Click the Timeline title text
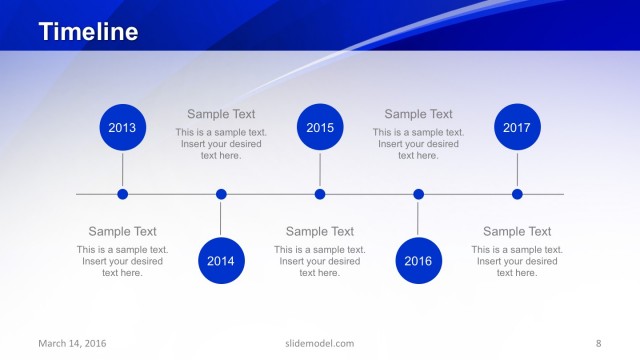click(x=89, y=32)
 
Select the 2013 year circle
click(x=122, y=128)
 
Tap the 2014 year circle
click(x=221, y=261)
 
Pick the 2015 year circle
click(x=320, y=128)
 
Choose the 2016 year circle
click(x=418, y=261)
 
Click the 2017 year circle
click(x=517, y=128)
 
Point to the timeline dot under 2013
click(x=122, y=194)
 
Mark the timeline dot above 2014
click(x=221, y=194)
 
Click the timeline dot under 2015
click(x=320, y=194)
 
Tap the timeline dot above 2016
click(x=418, y=194)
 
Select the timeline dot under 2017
click(x=517, y=194)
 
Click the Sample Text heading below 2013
click(x=122, y=232)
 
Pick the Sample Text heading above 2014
click(x=221, y=115)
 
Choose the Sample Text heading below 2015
click(x=320, y=232)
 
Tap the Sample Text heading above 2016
click(x=418, y=115)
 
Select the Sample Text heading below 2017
click(x=517, y=232)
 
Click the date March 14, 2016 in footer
click(x=72, y=344)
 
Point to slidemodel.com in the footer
click(x=320, y=344)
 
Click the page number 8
click(x=598, y=344)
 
